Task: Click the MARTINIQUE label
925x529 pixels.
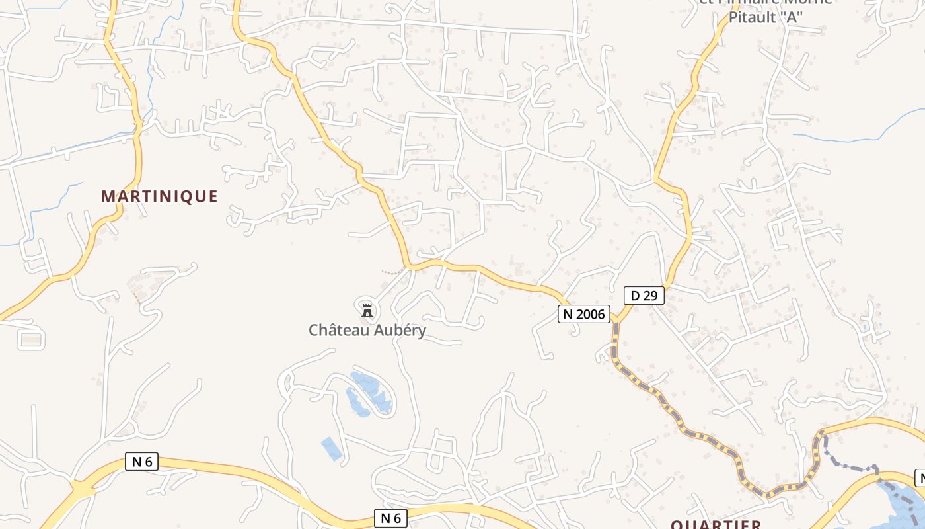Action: click(x=159, y=196)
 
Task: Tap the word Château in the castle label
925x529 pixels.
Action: click(x=338, y=330)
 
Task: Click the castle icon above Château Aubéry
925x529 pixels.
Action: click(x=367, y=309)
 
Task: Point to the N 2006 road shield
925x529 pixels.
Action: click(x=584, y=314)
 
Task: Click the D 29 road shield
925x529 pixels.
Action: click(x=644, y=296)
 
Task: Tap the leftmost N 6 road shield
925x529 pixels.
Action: click(x=141, y=462)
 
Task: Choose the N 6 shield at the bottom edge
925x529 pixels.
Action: click(x=391, y=518)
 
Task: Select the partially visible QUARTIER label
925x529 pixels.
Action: click(x=716, y=524)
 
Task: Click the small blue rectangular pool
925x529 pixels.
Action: click(x=332, y=449)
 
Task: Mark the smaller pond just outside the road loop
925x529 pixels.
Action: click(x=357, y=403)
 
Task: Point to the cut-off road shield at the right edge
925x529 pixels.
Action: click(x=919, y=477)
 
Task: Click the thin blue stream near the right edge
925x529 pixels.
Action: click(x=859, y=138)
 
